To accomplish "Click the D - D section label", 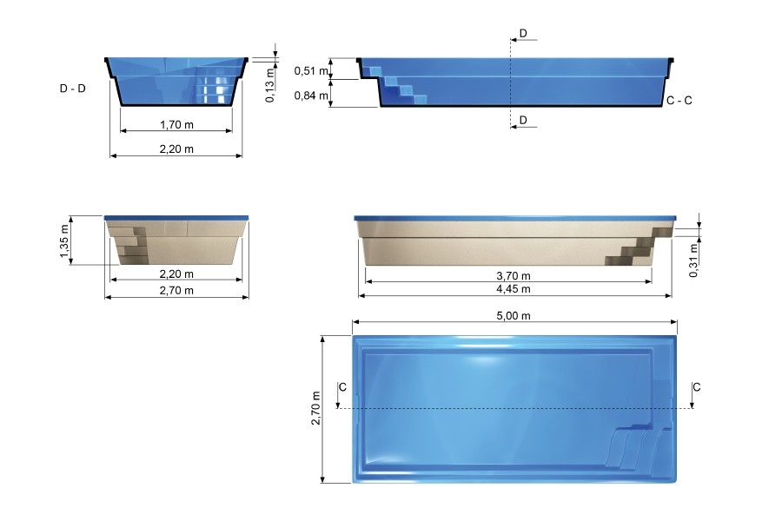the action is point(72,89).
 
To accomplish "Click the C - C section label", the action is point(679,101).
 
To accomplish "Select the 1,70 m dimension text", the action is point(176,125).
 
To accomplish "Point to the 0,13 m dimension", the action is point(270,85).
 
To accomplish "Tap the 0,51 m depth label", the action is point(311,71).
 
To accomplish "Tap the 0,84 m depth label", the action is point(311,96).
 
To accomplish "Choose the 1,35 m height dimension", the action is point(64,241).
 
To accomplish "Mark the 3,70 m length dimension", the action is point(514,276).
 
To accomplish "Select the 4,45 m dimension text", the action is point(514,289).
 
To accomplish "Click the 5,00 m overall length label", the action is point(514,315).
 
